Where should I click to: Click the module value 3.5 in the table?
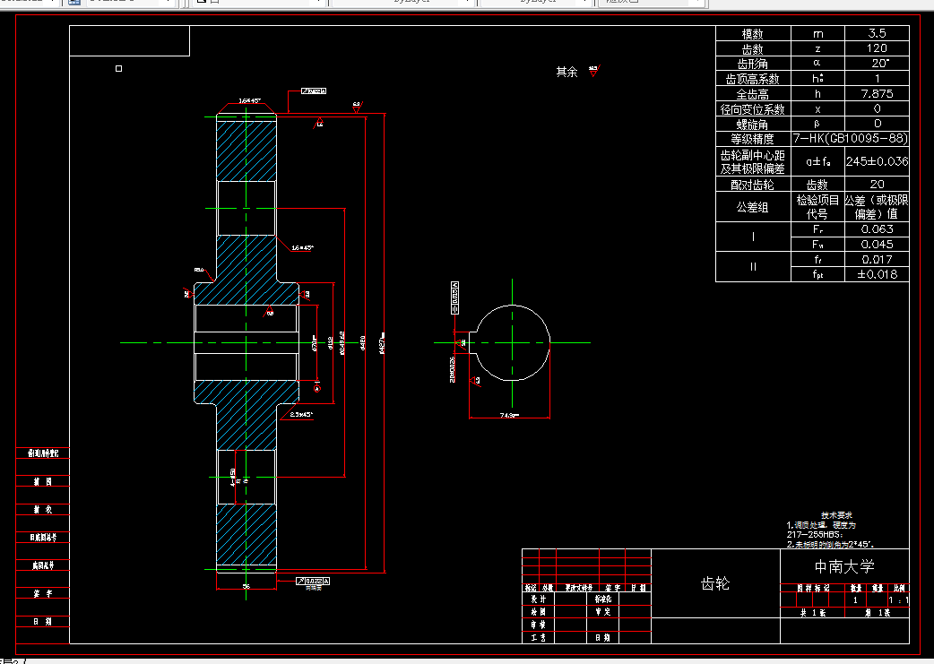[x=877, y=33]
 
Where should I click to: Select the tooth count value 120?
[x=877, y=48]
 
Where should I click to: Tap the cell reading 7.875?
[x=877, y=94]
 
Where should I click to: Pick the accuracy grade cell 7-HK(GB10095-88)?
[x=851, y=139]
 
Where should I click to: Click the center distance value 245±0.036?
[x=877, y=161]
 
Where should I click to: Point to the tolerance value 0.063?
[x=877, y=229]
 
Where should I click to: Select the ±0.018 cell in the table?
[x=877, y=274]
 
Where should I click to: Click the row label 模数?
[x=752, y=33]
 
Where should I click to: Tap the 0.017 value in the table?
[x=877, y=259]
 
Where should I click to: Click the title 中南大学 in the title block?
[x=843, y=566]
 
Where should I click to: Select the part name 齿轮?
[x=714, y=583]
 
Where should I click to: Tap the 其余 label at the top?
[x=566, y=73]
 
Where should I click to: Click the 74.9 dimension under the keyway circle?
[x=509, y=415]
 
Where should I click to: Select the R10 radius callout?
[x=199, y=269]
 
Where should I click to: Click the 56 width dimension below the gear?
[x=246, y=585]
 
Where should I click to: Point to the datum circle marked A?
[x=316, y=388]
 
